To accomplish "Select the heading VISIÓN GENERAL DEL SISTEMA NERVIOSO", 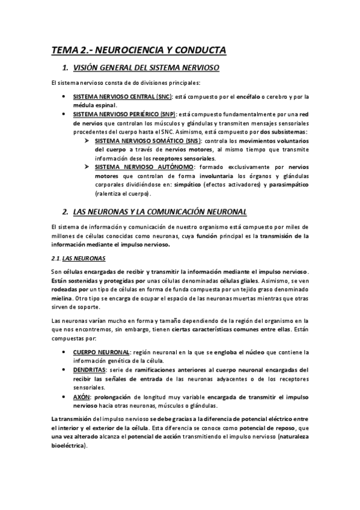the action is pos(145,68).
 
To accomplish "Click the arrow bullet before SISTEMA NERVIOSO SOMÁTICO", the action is pos(88,140).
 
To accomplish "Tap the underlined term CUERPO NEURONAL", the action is pos(102,352).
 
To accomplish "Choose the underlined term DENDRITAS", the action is pos(90,370).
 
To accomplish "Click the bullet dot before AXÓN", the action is pos(64,397).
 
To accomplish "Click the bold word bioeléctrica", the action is pos(69,446).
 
